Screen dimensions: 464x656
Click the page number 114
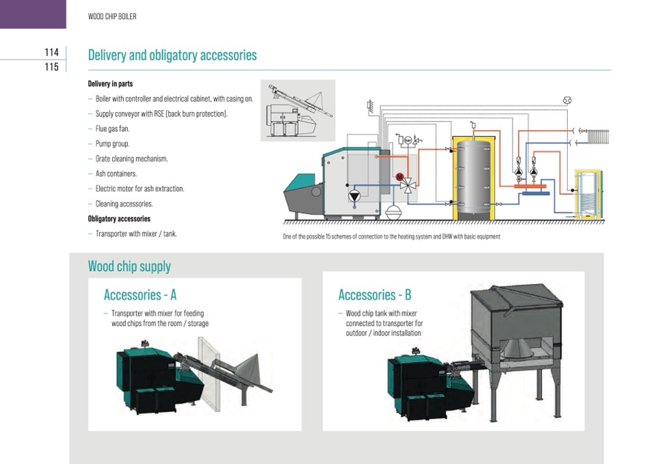[51, 52]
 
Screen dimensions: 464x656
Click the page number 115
[51, 67]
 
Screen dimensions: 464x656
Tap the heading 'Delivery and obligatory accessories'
[172, 55]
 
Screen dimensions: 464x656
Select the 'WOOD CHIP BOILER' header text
[112, 16]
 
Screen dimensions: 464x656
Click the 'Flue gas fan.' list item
[112, 129]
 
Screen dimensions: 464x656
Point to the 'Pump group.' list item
[112, 144]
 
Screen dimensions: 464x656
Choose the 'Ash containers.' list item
[116, 174]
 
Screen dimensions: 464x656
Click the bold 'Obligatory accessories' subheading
[119, 219]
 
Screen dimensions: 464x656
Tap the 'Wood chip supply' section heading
[129, 266]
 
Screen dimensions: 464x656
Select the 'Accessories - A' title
[140, 295]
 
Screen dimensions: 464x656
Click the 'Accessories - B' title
[375, 295]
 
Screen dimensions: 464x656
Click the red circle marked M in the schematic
[399, 177]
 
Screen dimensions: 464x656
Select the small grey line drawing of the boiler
[298, 110]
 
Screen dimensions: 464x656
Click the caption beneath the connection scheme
[391, 237]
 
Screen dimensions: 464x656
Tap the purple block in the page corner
[33, 14]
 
